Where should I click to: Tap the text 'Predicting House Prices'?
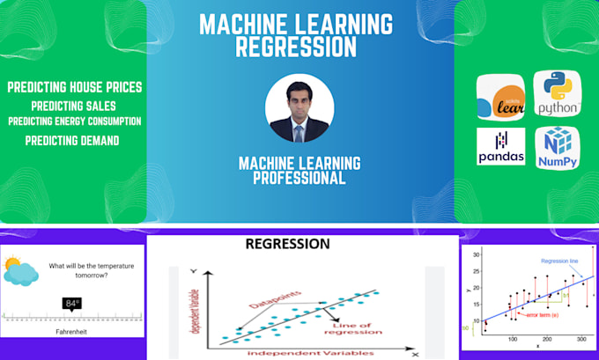pos(74,87)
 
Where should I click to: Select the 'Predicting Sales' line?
pos(74,106)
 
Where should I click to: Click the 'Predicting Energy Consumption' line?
pos(74,121)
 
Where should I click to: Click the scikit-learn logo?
pos(501,97)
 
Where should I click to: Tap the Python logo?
pos(557,97)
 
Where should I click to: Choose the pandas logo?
pos(501,147)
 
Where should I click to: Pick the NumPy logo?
pos(557,147)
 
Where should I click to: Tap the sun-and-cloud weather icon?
pos(20,270)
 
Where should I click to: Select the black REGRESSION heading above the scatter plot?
pos(287,244)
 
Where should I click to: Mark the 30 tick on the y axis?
pos(476,254)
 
